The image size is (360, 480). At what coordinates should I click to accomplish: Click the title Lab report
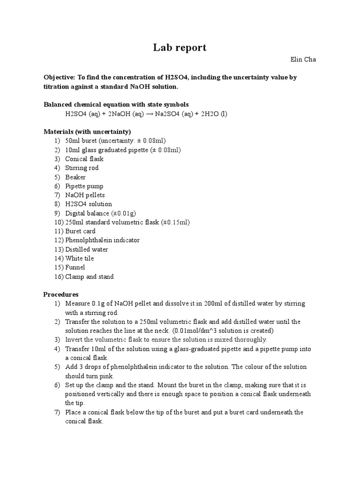tap(180, 47)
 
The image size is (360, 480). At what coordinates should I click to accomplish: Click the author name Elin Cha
tap(303, 60)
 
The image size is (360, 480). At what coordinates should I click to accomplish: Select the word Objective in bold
tap(59, 78)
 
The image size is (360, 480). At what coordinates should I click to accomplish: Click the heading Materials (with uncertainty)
tap(87, 132)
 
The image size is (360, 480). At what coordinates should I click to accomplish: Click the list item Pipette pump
tap(84, 186)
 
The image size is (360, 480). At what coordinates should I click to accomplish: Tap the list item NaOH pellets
tap(85, 195)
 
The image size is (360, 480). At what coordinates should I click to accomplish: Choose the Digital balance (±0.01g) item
tap(100, 213)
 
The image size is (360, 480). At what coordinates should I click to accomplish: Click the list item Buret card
tap(80, 231)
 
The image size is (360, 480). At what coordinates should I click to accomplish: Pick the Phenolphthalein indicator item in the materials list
tap(102, 240)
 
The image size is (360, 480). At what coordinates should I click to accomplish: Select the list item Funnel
tap(75, 267)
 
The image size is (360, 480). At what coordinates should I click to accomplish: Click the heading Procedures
tap(60, 294)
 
